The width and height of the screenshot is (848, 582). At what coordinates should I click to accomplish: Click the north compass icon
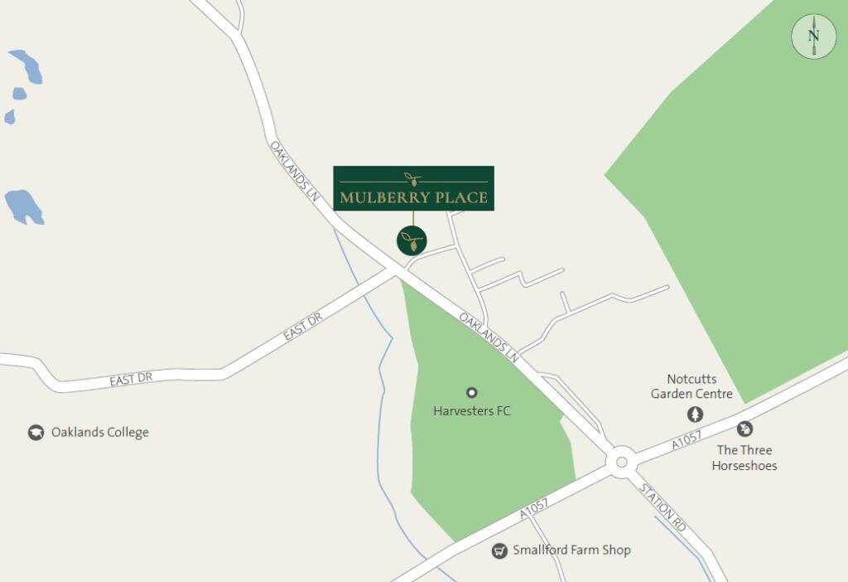click(813, 36)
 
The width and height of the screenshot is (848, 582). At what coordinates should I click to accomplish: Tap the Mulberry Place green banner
click(413, 188)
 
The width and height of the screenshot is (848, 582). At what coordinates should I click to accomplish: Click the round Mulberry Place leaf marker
click(412, 240)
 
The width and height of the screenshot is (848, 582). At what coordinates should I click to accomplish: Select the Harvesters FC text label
click(472, 410)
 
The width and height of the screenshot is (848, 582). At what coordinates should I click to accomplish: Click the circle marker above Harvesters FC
click(472, 392)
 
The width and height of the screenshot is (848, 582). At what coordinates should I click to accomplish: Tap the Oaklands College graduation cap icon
click(36, 433)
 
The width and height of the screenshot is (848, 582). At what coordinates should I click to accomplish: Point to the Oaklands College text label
click(100, 433)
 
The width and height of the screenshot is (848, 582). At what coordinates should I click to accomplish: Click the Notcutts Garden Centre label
click(691, 386)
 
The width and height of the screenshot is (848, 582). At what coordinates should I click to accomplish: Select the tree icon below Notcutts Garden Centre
click(695, 414)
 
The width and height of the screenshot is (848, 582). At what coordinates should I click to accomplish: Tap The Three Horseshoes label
click(744, 458)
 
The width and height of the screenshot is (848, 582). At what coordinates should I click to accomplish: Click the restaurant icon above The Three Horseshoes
click(744, 429)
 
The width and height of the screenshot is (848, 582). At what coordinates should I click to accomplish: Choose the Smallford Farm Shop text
click(571, 550)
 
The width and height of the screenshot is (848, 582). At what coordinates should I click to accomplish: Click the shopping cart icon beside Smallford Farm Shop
click(499, 550)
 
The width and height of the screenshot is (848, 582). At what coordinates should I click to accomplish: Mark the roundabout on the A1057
click(621, 462)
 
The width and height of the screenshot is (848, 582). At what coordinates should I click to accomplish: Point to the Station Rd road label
click(663, 507)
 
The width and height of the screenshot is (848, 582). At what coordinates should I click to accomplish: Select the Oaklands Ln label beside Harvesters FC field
click(489, 337)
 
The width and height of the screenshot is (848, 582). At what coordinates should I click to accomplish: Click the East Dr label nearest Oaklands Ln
click(302, 327)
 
